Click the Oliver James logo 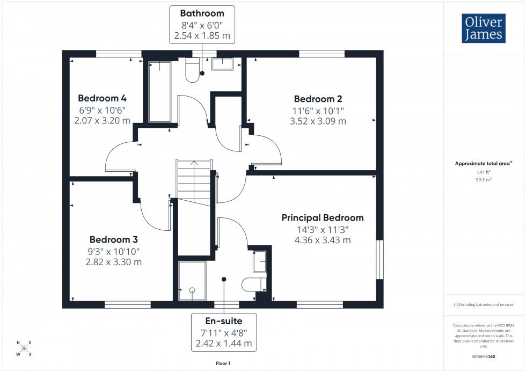pos(483,28)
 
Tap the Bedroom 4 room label pos(102,98)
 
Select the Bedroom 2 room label pos(318,99)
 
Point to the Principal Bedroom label pos(323,217)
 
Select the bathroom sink pos(223,64)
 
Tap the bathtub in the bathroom pos(159,91)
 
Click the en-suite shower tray pos(192,281)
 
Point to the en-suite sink pos(260,261)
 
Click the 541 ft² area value pos(484,172)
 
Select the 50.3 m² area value pos(484,180)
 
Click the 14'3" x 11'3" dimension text pos(323,229)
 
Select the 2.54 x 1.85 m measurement pos(202,37)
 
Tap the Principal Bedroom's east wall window pos(380,260)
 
